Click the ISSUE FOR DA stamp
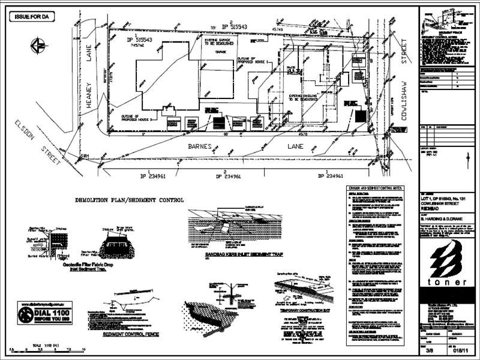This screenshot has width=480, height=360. [34, 17]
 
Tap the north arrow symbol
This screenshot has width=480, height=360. [38, 44]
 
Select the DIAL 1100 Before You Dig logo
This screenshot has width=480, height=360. [45, 313]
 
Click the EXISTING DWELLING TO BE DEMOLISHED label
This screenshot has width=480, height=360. [305, 98]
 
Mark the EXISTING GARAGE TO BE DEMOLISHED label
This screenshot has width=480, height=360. [220, 43]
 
